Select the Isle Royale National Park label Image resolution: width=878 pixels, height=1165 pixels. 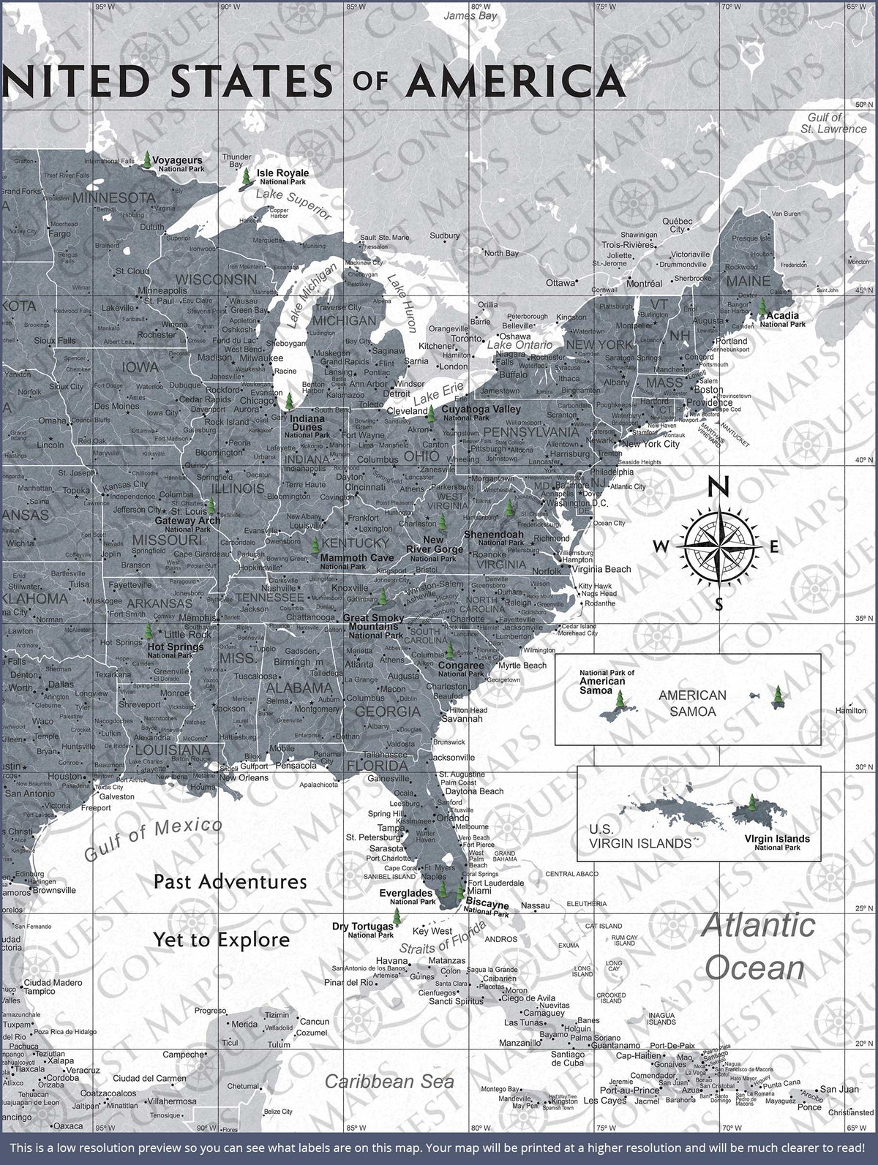pos(282,176)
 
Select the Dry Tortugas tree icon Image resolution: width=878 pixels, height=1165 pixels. pos(397,916)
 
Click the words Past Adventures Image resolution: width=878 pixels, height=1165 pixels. pos(230,881)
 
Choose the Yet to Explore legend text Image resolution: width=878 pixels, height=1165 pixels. pos(221,939)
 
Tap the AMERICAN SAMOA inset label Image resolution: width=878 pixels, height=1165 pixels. pos(692,702)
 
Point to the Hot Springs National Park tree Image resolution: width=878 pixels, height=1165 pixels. pos(149,630)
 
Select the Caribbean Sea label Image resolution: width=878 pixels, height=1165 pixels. pos(389,1081)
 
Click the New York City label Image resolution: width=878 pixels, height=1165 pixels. pos(650,444)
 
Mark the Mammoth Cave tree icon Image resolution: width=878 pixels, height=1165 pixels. pos(315,545)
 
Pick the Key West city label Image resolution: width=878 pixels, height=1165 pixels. pos(432,931)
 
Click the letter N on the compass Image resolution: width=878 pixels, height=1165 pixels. pos(720,486)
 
